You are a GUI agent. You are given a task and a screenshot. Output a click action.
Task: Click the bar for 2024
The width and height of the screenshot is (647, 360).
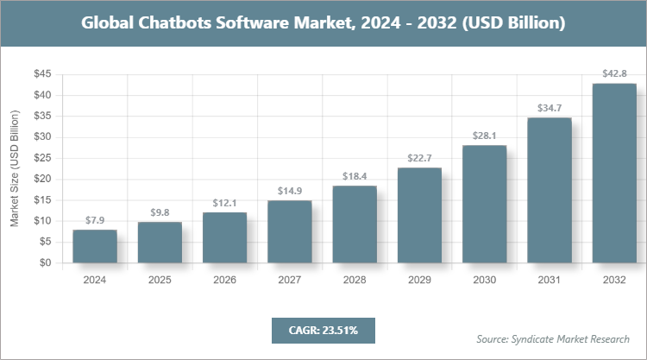(x=94, y=246)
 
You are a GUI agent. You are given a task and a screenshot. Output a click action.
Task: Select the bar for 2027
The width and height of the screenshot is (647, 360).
(x=289, y=231)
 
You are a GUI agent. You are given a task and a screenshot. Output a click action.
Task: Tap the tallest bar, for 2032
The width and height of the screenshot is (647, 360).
(x=614, y=173)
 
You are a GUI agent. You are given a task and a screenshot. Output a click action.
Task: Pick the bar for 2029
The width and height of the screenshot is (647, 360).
(x=419, y=215)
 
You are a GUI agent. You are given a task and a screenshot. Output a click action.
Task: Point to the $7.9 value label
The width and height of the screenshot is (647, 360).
(x=94, y=221)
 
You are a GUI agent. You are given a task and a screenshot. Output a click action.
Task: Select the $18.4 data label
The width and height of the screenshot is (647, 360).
(x=355, y=177)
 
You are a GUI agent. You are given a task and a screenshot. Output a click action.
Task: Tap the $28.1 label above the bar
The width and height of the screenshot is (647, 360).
(x=484, y=136)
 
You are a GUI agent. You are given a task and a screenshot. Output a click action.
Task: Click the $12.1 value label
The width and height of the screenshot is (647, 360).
(x=224, y=203)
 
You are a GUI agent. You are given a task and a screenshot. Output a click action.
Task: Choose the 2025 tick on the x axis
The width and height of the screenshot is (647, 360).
(x=160, y=281)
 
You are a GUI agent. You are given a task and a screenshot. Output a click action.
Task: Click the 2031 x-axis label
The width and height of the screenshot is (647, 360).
(x=550, y=281)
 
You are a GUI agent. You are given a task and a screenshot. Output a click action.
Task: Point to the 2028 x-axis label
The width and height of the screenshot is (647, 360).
(x=355, y=281)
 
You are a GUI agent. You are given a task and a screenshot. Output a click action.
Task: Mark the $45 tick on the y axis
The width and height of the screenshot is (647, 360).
(x=41, y=74)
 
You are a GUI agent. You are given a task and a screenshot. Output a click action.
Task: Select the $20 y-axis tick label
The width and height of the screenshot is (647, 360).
(x=41, y=180)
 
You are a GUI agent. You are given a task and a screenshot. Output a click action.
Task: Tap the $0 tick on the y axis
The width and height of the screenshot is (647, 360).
(x=44, y=263)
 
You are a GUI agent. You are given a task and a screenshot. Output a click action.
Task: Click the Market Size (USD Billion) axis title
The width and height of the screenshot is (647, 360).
(x=15, y=169)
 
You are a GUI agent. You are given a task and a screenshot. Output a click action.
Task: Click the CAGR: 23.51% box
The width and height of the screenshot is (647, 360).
(x=323, y=329)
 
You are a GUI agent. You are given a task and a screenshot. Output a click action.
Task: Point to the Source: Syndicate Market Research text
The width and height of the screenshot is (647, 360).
(x=553, y=338)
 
